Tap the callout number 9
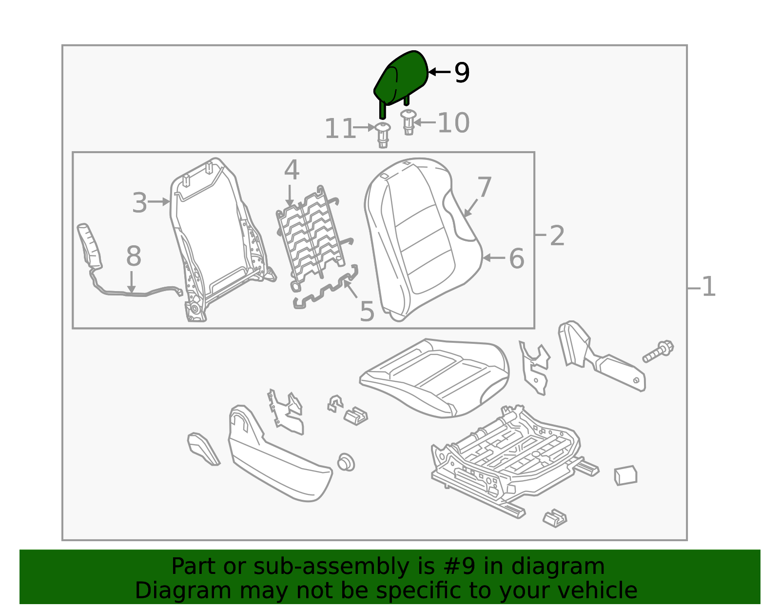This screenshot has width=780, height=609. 462,73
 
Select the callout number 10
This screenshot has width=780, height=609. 453,123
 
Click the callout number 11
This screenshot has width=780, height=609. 339,129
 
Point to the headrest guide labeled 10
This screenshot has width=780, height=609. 409,122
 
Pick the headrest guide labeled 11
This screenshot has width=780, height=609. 383,135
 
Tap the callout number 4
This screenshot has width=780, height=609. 292,171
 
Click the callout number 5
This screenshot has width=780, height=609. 367,312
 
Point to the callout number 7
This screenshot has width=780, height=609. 485,187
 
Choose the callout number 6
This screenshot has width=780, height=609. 516,258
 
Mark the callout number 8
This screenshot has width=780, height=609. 134,256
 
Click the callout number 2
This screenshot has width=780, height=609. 557,236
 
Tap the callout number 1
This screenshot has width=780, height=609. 708,287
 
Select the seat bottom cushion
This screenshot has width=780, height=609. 434,378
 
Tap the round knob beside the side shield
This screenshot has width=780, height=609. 346,462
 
